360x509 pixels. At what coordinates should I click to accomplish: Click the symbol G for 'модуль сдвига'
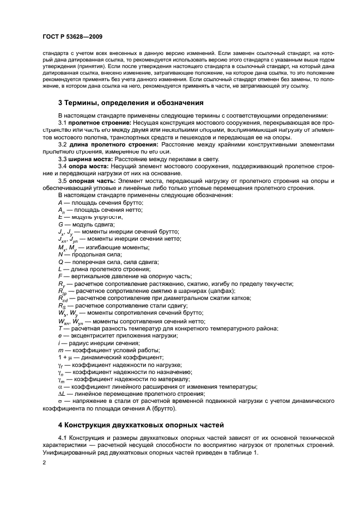point(60,224)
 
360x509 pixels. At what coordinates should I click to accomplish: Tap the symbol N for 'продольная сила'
point(60,254)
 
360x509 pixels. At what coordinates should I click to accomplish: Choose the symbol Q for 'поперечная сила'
point(60,262)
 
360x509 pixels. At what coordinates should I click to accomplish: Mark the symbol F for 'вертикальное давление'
point(60,277)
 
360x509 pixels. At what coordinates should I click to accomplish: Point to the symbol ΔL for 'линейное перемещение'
point(62,394)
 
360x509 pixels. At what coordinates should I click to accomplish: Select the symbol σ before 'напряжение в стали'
point(60,401)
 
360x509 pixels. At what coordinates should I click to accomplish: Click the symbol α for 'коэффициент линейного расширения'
point(60,387)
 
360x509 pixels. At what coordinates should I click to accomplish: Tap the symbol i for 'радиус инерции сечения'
point(59,342)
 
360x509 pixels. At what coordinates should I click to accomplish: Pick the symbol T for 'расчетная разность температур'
point(60,328)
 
